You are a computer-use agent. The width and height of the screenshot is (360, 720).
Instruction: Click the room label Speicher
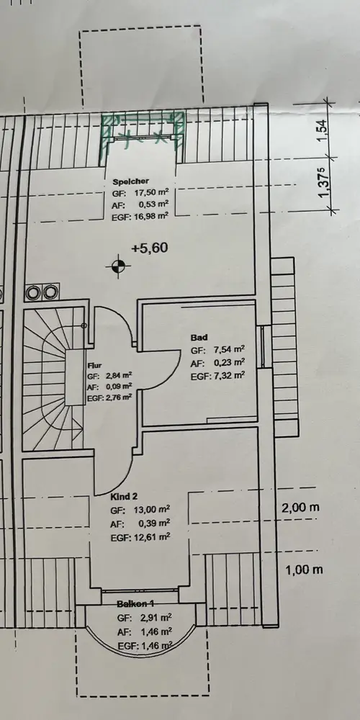coord(131,182)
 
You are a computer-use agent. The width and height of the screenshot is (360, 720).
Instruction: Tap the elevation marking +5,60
coord(150,248)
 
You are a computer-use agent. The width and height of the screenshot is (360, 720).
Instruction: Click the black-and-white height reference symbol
coord(119,266)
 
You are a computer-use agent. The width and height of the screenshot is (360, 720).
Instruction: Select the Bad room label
coord(199,338)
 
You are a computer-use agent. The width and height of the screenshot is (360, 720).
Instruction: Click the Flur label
coord(94,366)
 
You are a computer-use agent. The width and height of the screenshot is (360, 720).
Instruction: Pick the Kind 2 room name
coord(124,496)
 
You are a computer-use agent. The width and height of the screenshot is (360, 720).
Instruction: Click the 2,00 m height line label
coord(300,508)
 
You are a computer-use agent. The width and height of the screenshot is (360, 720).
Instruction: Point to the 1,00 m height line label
coord(304,570)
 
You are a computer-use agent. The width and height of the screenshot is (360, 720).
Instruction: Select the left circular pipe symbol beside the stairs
coord(34,292)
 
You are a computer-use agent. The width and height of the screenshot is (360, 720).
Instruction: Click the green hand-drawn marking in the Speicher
coord(143,134)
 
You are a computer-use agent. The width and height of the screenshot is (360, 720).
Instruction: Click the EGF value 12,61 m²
coord(152,537)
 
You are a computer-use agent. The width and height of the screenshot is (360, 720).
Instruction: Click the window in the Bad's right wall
coord(263,347)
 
